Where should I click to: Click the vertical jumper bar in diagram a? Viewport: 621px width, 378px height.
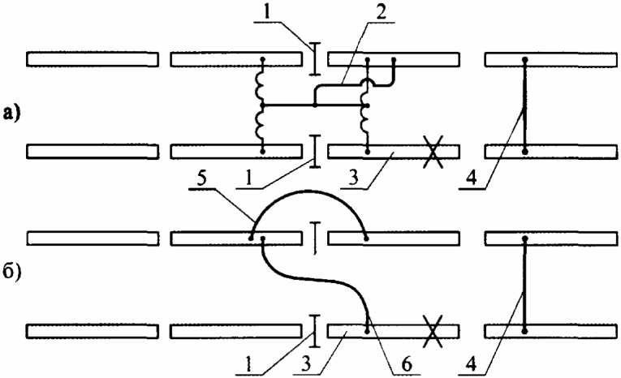click(525, 105)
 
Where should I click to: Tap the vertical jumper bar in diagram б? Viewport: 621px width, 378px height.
click(525, 284)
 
